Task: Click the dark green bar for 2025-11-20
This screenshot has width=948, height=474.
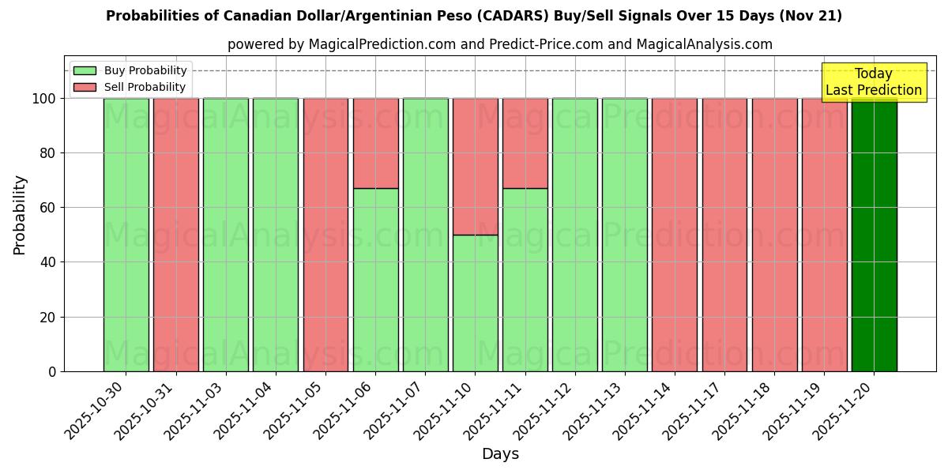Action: coord(874,235)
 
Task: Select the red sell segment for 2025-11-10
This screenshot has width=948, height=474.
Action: coord(475,166)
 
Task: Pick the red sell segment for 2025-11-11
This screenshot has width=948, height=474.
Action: coord(525,143)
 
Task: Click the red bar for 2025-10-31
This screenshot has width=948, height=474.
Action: coord(175,235)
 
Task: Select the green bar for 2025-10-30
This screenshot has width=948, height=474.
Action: coord(126,235)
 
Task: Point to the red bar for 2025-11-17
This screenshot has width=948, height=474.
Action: coord(724,235)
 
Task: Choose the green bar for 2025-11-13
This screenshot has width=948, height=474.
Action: coord(624,235)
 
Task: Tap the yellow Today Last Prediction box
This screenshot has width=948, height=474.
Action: coord(873,82)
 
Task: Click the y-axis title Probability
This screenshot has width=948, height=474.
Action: coord(20,215)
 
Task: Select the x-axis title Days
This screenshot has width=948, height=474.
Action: coord(500,454)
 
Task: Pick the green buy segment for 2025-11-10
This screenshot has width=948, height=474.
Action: coord(475,303)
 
